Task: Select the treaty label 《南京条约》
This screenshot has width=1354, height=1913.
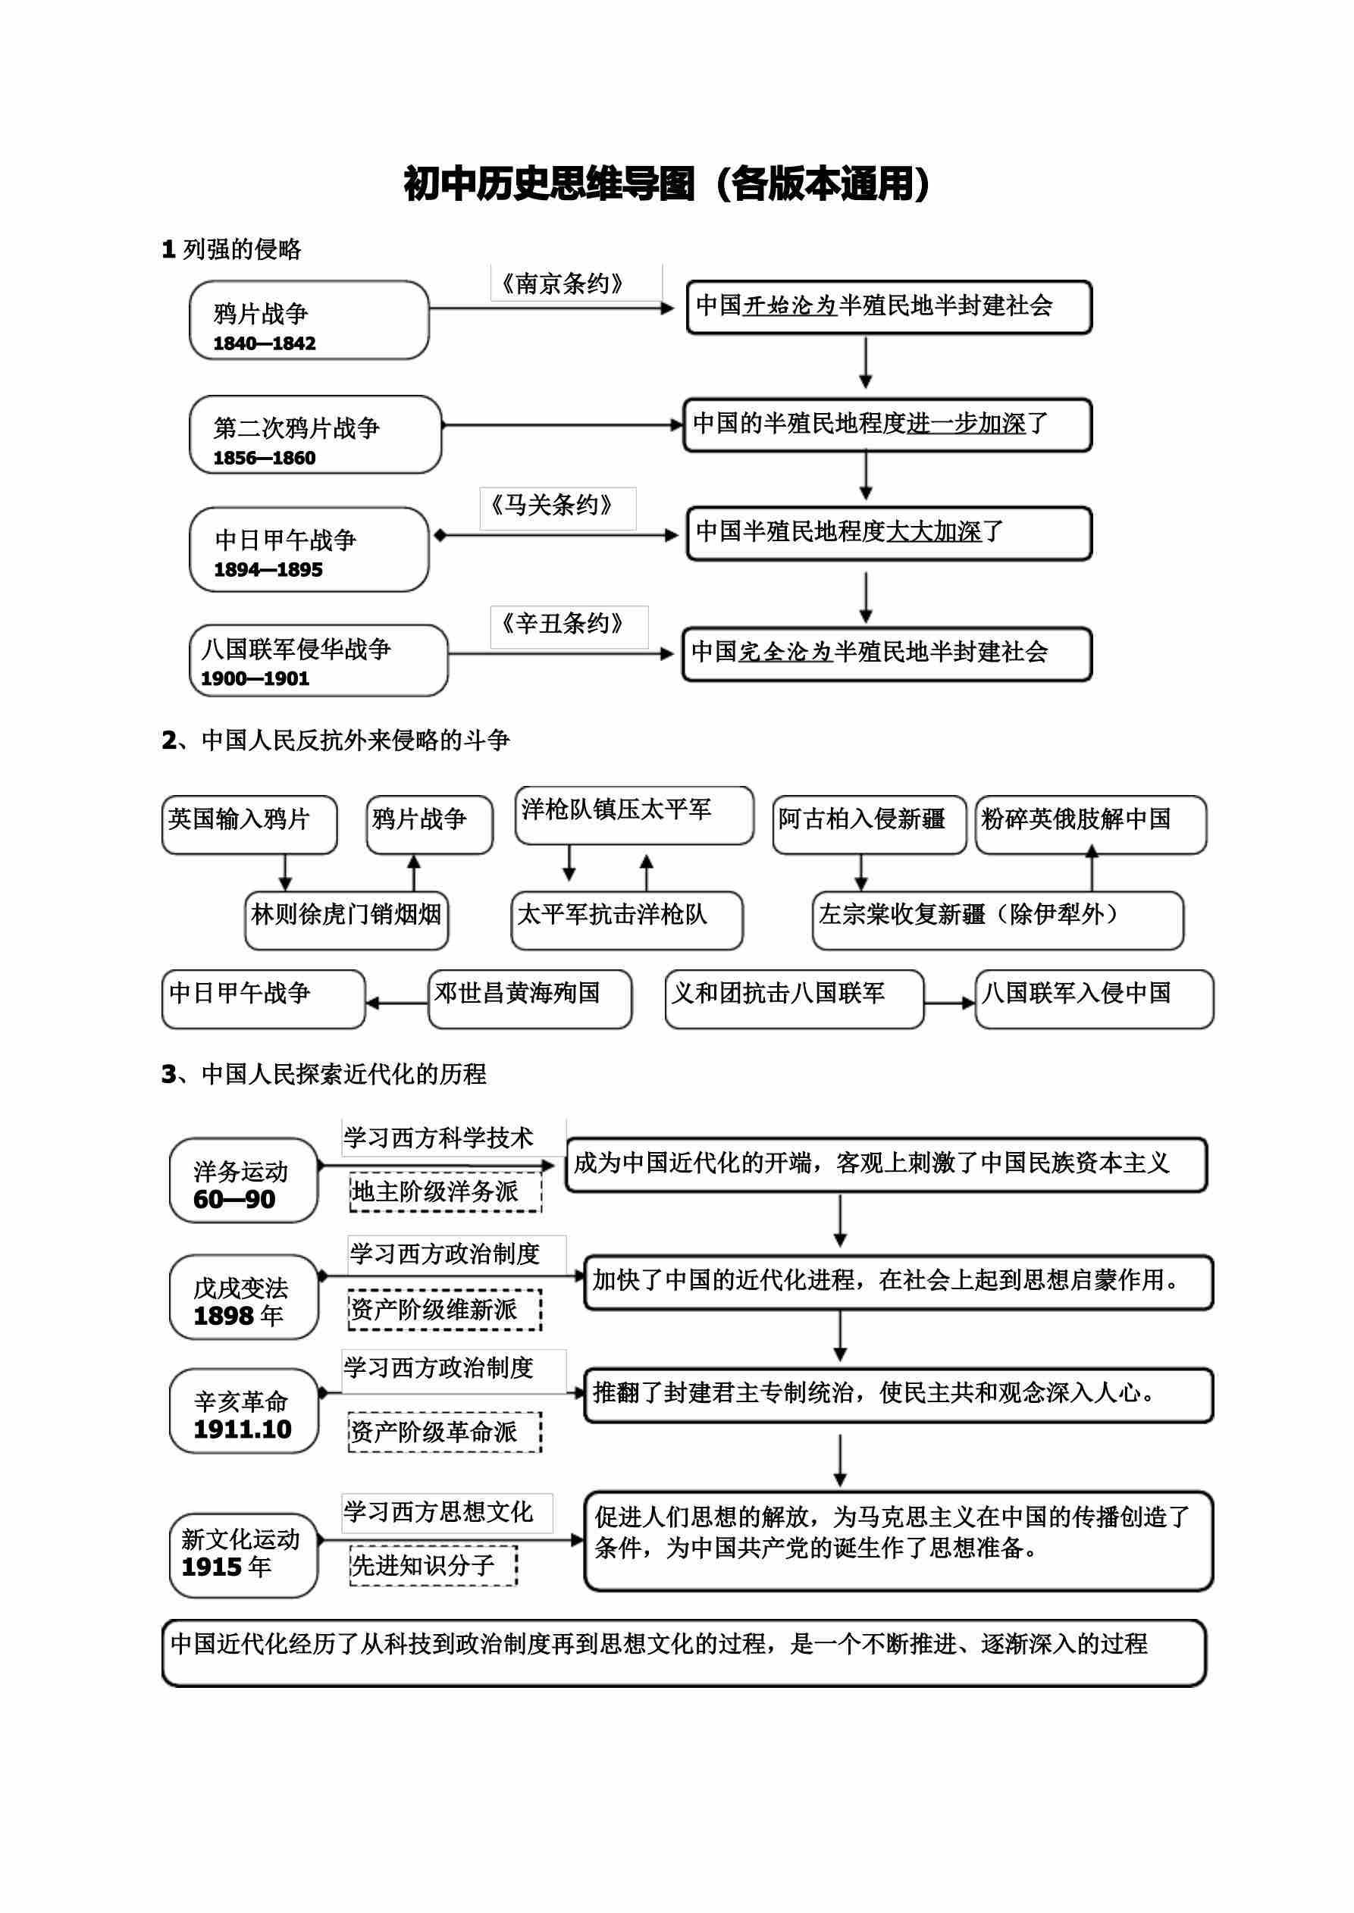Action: pyautogui.click(x=562, y=283)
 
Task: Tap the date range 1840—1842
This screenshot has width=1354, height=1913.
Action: pyautogui.click(x=265, y=343)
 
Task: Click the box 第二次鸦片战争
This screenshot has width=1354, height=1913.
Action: pyautogui.click(x=315, y=434)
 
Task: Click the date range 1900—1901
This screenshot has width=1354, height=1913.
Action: pyautogui.click(x=255, y=678)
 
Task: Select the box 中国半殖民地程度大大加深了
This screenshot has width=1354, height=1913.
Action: pyautogui.click(x=888, y=533)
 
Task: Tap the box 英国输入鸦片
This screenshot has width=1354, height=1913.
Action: pyautogui.click(x=249, y=825)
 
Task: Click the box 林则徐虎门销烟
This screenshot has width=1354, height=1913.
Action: pyautogui.click(x=346, y=919)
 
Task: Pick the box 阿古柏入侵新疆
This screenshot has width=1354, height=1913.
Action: pyautogui.click(x=869, y=825)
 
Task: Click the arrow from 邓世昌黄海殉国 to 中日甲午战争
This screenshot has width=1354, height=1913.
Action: pyautogui.click(x=396, y=1003)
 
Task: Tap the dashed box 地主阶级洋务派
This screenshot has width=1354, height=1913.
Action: pyautogui.click(x=445, y=1192)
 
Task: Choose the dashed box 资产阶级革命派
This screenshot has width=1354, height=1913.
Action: pyautogui.click(x=445, y=1432)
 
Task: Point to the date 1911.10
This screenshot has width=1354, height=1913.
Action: pyautogui.click(x=243, y=1429)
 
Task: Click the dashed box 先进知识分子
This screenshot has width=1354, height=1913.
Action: pyautogui.click(x=433, y=1565)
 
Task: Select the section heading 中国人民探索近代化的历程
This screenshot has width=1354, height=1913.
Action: pyautogui.click(x=343, y=1074)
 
